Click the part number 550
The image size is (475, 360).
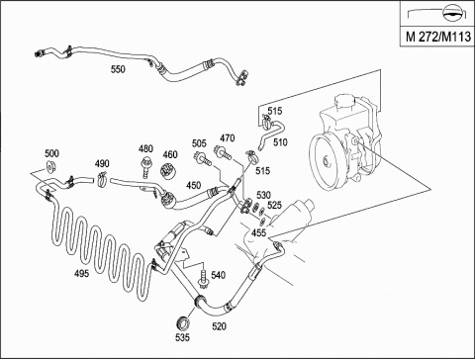click(x=118, y=69)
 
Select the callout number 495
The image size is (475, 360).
click(x=81, y=273)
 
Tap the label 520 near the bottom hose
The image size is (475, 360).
click(x=219, y=326)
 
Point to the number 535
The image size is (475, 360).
click(x=182, y=337)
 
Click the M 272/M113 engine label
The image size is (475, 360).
click(x=438, y=37)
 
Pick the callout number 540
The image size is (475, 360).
click(x=219, y=275)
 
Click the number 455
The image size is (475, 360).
click(x=258, y=232)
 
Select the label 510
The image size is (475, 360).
click(x=280, y=142)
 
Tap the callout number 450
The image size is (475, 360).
click(x=193, y=185)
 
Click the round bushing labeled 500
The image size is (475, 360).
click(x=50, y=167)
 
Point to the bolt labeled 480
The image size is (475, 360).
click(x=144, y=167)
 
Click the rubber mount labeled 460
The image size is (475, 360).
click(x=168, y=170)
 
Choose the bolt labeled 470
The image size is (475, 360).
click(x=224, y=152)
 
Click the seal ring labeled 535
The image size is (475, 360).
click(x=182, y=323)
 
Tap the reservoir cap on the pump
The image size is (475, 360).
click(x=344, y=102)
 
